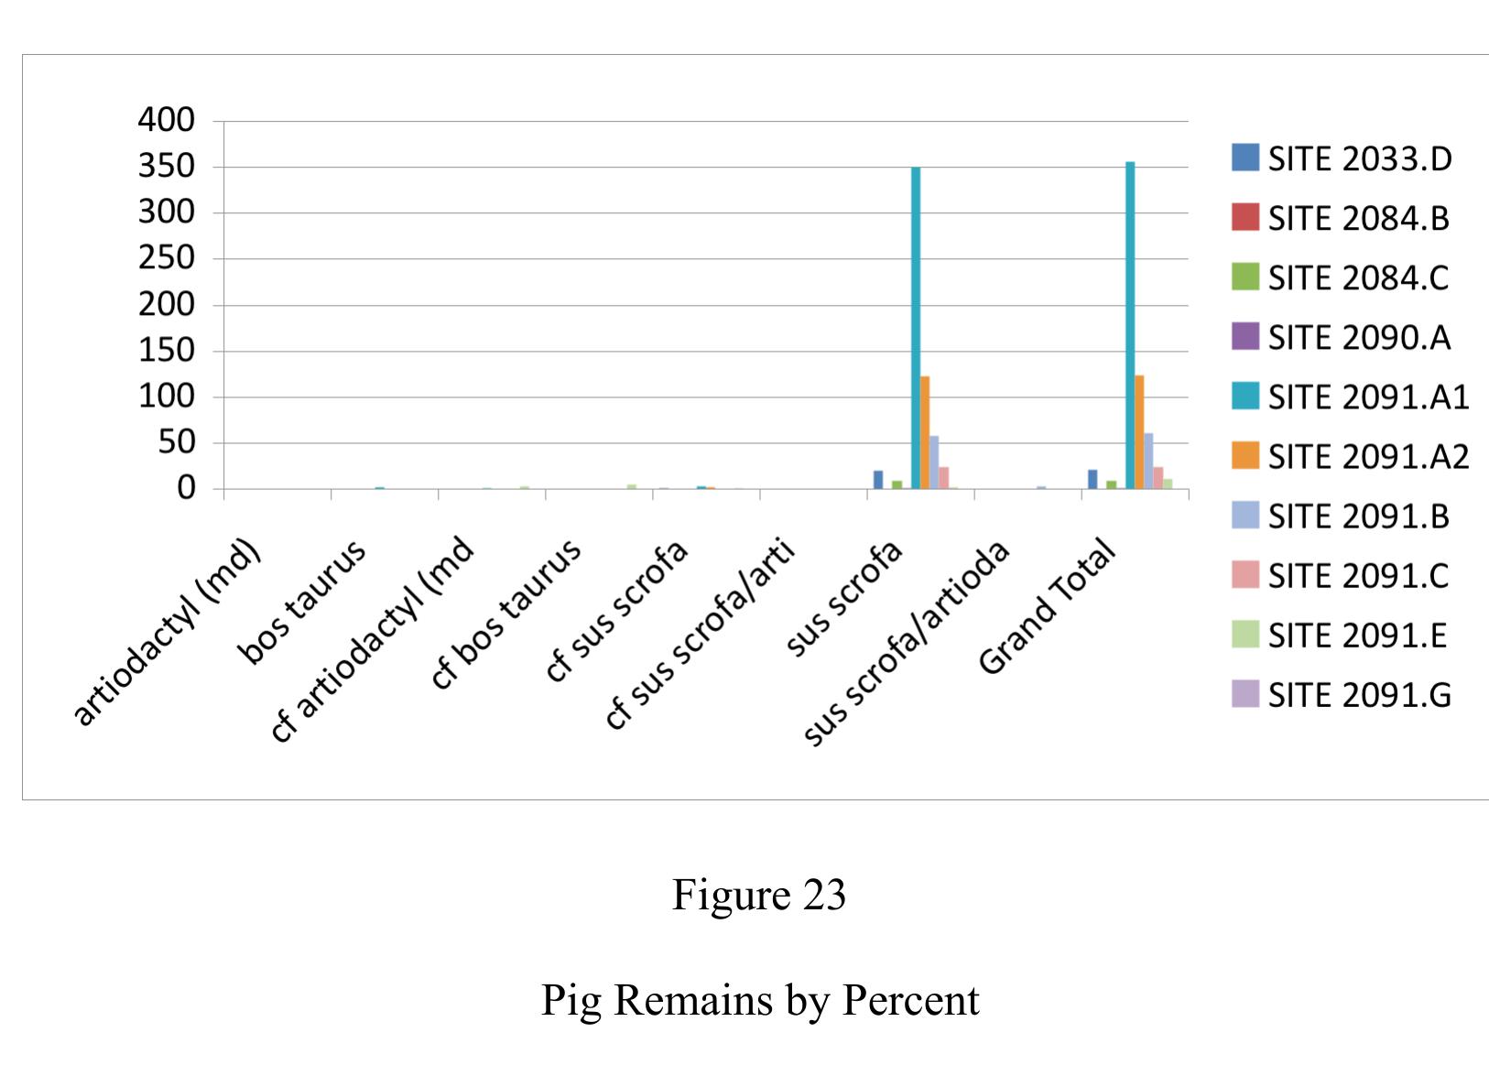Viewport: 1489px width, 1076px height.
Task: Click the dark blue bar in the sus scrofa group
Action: pos(878,480)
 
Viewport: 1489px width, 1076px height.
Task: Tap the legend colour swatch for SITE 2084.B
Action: pos(1245,218)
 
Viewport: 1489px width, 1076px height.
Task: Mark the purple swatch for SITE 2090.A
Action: pos(1245,337)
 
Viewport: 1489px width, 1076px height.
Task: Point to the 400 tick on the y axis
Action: pos(167,120)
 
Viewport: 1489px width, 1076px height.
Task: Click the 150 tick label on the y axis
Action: pos(167,351)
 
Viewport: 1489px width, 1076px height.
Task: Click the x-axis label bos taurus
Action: pos(302,601)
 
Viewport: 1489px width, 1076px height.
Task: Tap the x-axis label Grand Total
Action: pos(1049,607)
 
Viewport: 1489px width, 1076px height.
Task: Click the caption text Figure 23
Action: pos(758,895)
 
